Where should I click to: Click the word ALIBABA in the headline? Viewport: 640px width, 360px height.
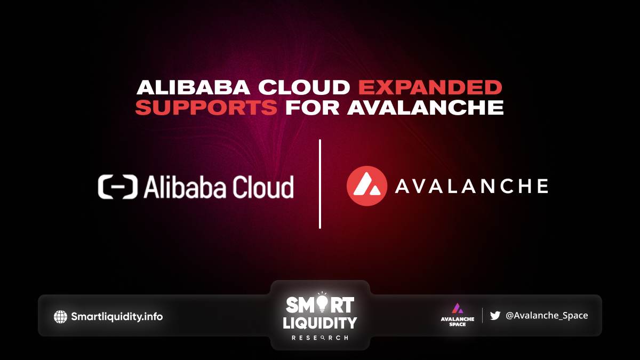(x=193, y=87)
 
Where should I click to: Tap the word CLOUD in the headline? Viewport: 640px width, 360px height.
(x=305, y=87)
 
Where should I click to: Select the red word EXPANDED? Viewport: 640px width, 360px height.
(x=430, y=87)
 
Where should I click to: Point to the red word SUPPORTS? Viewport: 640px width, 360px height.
(x=206, y=107)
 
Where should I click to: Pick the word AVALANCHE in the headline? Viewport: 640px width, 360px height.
(x=425, y=107)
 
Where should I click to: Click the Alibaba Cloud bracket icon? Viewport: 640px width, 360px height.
(x=118, y=187)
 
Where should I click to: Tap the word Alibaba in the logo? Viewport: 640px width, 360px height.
(x=185, y=187)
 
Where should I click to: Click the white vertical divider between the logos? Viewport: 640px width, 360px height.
(x=320, y=184)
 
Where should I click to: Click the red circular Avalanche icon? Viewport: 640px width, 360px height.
(x=367, y=186)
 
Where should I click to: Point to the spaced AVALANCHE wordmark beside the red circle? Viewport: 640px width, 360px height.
(x=471, y=186)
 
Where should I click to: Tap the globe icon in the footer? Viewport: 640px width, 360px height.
(x=61, y=317)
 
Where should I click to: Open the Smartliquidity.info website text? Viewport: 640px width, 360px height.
(x=117, y=317)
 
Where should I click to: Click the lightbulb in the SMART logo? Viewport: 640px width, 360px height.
(x=322, y=303)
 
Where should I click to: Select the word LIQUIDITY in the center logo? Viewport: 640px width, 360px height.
(x=319, y=323)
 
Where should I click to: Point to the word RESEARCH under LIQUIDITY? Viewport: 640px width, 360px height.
(x=319, y=338)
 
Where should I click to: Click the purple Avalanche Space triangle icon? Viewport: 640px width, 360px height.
(x=458, y=308)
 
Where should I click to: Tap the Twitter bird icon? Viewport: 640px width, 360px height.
(x=495, y=315)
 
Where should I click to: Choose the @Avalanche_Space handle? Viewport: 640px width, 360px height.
(x=547, y=315)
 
